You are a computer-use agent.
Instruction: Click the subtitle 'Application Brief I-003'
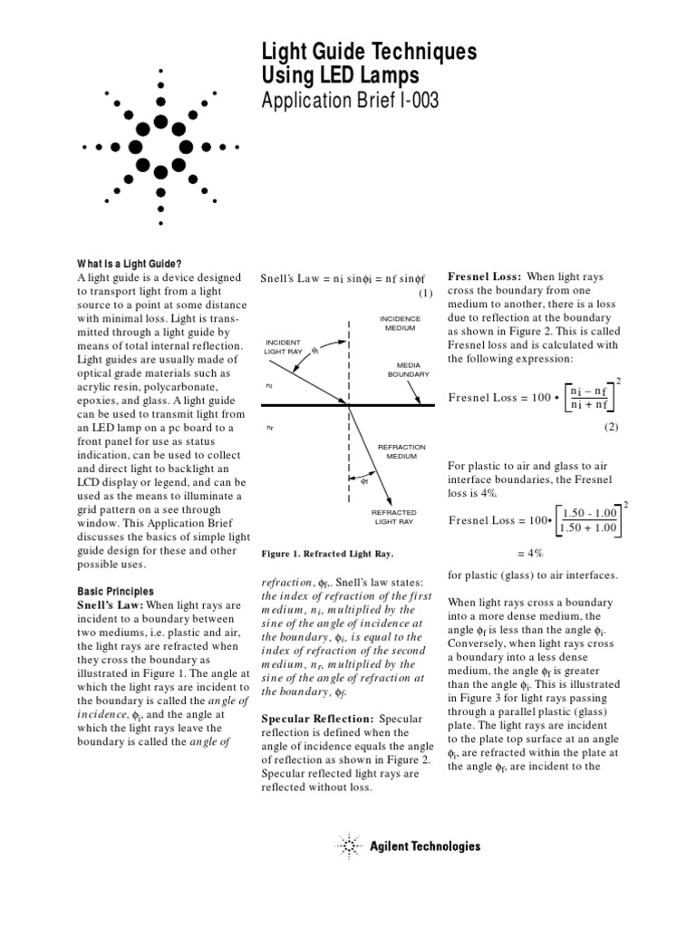pos(350,101)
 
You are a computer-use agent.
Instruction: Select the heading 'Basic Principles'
pos(115,591)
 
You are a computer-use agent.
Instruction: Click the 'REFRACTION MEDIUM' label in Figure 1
pos(401,451)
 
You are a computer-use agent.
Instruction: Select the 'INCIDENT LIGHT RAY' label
pos(282,345)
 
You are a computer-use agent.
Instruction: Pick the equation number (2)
pos(612,425)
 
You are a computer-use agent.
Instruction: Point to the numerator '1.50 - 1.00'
pos(589,513)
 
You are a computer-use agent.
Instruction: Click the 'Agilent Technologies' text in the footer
pos(425,846)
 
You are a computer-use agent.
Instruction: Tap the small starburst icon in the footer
pos(350,846)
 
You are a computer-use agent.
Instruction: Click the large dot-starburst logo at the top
pos(161,145)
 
